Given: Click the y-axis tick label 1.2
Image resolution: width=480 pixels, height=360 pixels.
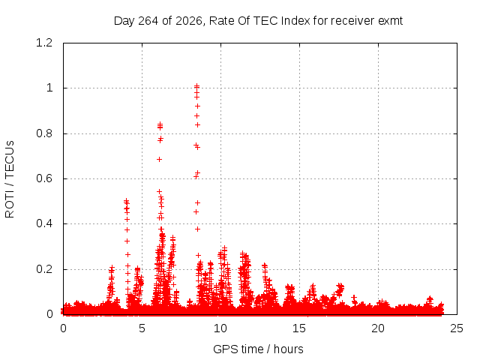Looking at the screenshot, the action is click(x=44, y=43).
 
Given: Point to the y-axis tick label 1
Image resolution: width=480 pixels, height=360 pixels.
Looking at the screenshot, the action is click(x=49, y=88).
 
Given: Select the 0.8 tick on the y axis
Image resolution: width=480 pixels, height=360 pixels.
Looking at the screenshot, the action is click(x=44, y=133).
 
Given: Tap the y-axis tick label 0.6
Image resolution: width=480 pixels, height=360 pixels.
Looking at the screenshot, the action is click(x=44, y=178).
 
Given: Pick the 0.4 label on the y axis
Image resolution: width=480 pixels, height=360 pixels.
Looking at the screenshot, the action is click(x=44, y=223).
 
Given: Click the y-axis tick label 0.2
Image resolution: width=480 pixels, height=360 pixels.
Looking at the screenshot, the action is click(x=44, y=269).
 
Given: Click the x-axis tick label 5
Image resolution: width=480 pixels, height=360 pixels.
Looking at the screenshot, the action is click(x=142, y=328).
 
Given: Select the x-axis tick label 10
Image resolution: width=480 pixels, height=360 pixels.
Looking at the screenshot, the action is click(x=220, y=328).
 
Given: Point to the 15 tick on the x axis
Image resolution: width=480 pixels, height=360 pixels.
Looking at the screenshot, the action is click(x=299, y=328).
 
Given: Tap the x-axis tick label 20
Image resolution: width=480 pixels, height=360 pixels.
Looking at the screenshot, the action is click(x=378, y=328).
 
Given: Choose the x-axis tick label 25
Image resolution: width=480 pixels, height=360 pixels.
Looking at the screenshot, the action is click(x=457, y=328).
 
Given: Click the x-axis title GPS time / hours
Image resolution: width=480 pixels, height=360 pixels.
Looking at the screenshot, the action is click(x=258, y=349).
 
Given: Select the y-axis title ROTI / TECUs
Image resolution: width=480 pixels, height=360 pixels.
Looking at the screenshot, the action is click(x=10, y=179).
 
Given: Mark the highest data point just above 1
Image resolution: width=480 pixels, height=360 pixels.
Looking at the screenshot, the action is click(x=196, y=86).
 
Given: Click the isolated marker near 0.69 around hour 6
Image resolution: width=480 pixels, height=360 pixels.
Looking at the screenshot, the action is click(x=159, y=159).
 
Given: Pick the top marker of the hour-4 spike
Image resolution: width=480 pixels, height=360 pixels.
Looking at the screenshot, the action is click(x=126, y=201).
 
